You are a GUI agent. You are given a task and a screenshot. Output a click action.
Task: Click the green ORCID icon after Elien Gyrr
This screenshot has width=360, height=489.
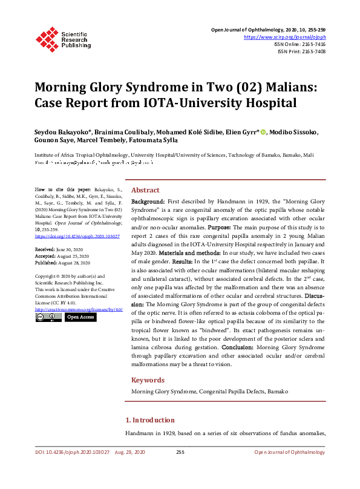[x=263, y=133]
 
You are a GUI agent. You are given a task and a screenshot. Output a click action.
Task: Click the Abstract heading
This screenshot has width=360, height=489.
[x=145, y=189]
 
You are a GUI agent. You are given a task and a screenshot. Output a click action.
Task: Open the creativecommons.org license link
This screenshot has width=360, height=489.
[x=79, y=309]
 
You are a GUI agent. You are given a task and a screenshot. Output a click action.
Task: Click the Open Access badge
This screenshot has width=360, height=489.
[x=80, y=317]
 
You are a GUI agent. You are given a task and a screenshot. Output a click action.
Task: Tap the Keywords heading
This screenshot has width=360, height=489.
[x=148, y=380]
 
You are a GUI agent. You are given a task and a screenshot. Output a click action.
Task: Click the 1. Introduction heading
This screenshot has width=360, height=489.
[x=149, y=420]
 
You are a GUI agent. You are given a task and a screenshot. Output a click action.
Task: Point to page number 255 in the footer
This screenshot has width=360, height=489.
[x=180, y=452]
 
